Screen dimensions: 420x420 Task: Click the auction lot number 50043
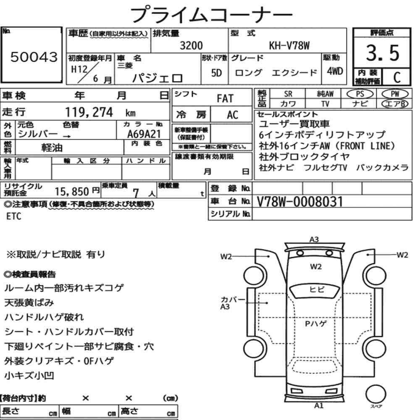[34, 57]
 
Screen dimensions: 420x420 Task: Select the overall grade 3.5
[383, 53]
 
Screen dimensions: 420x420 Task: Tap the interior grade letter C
[397, 77]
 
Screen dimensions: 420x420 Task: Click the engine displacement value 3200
[191, 45]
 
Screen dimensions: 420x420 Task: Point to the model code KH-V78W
[289, 45]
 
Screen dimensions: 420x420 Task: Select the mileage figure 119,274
[89, 112]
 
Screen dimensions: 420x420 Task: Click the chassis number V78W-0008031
[300, 202]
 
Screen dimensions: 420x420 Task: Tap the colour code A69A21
[144, 134]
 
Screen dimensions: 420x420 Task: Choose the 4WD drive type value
[335, 71]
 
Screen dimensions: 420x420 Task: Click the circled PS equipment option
[360, 94]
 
